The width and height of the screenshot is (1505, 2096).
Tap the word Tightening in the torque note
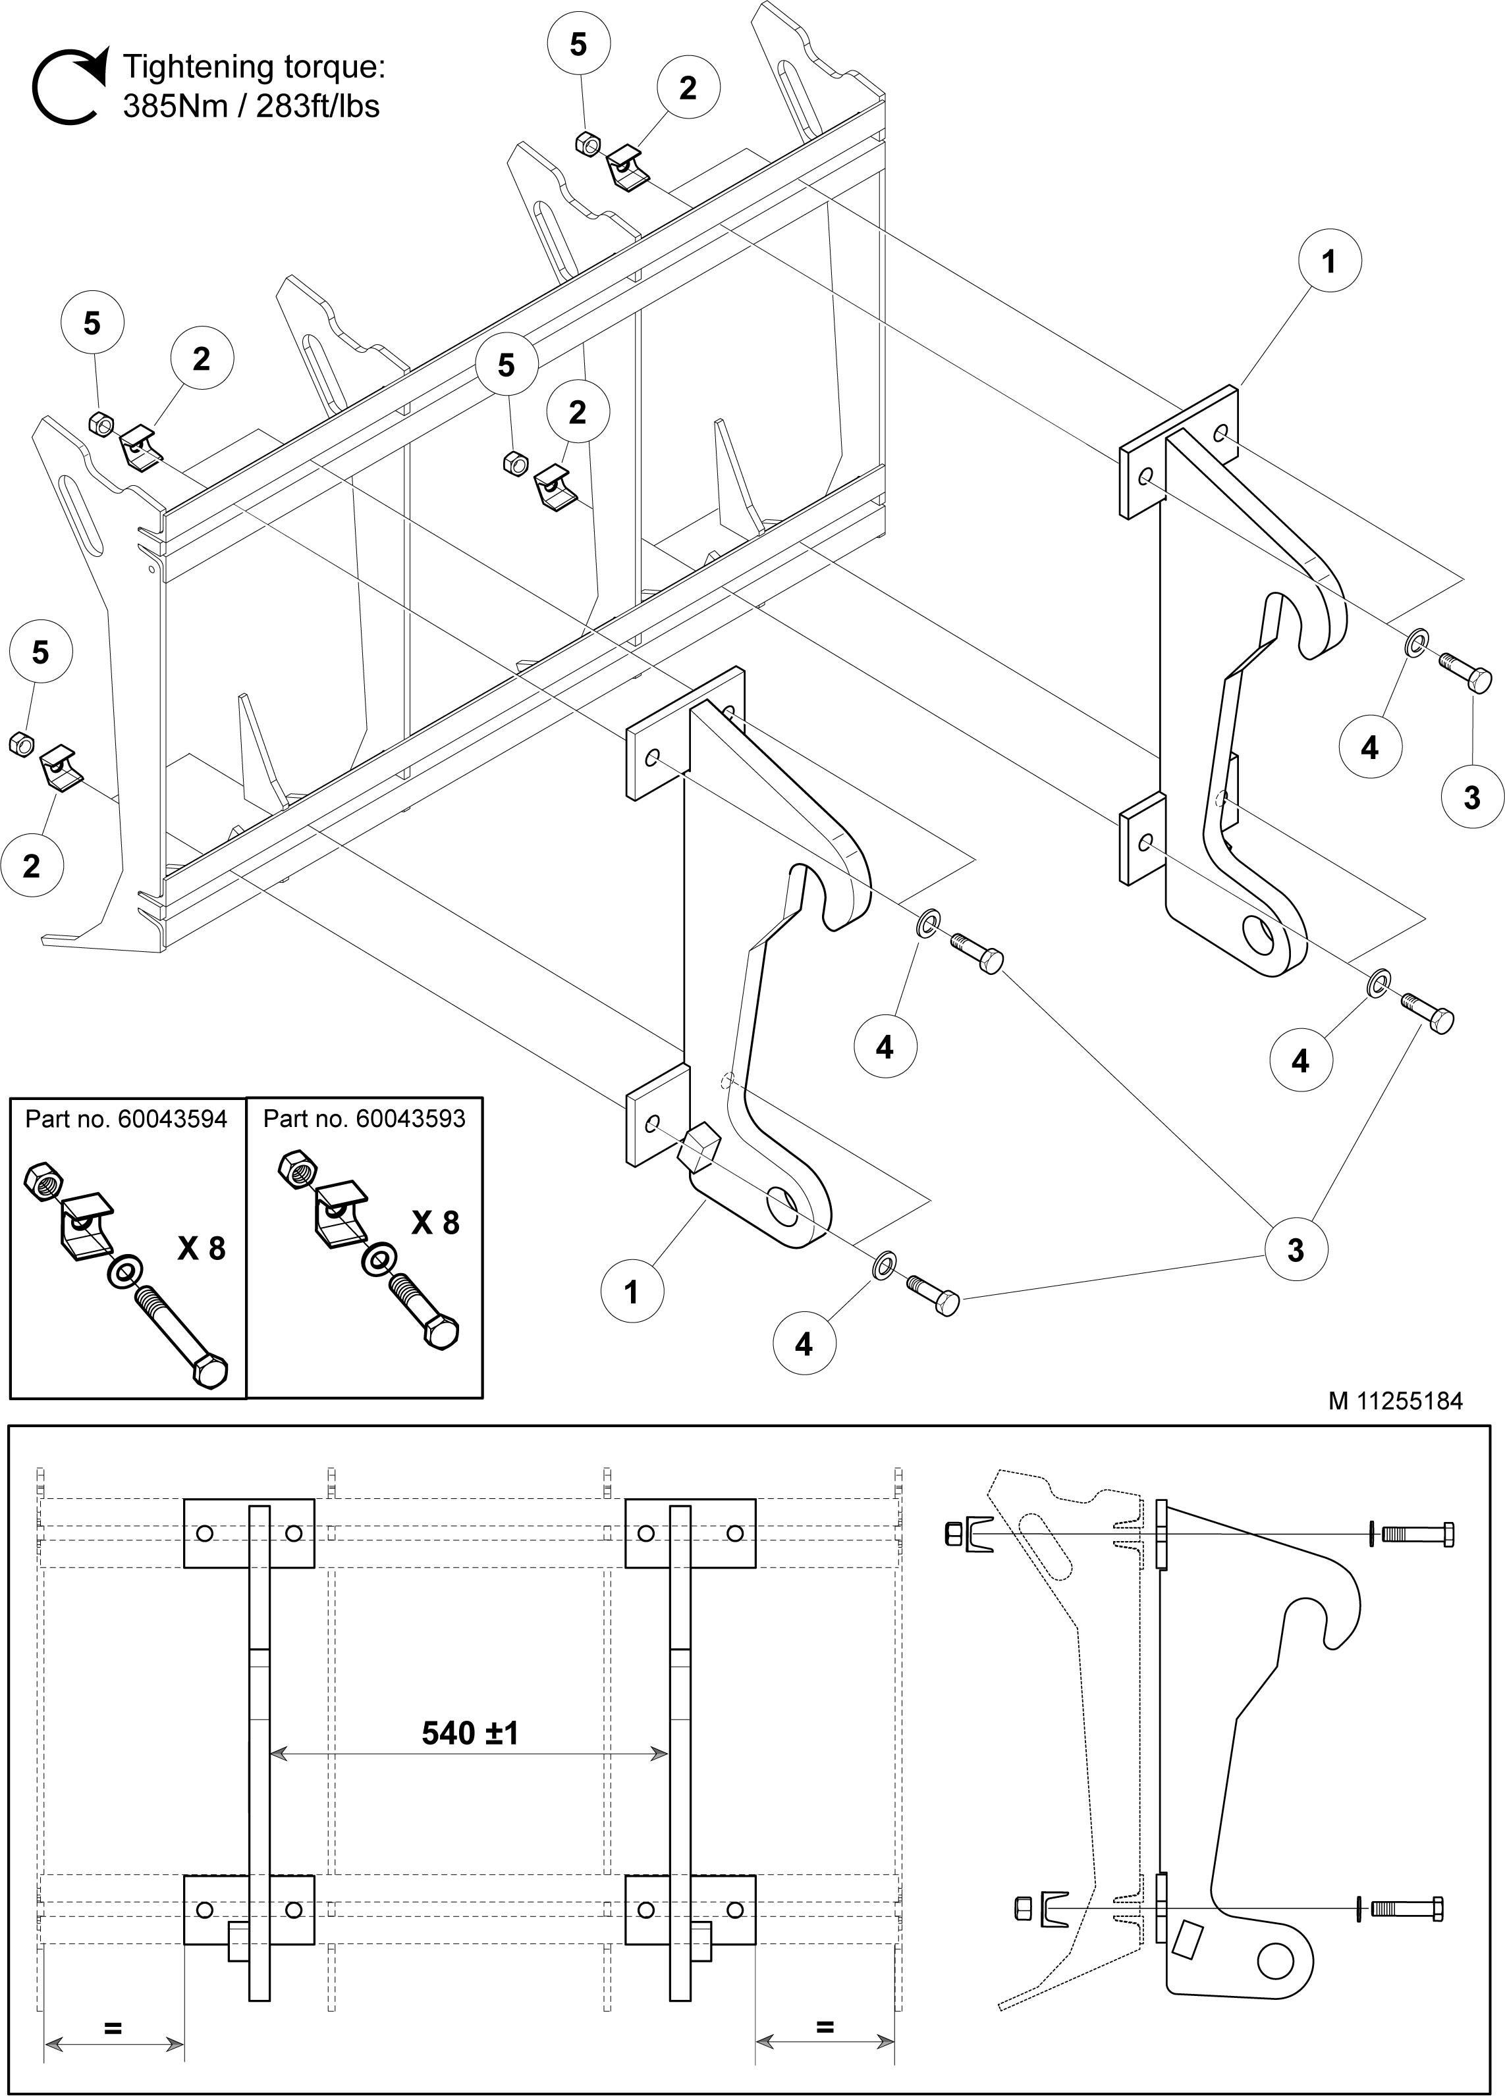click(195, 67)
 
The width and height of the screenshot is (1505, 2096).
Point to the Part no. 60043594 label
click(126, 1119)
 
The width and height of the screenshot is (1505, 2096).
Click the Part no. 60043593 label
click(364, 1119)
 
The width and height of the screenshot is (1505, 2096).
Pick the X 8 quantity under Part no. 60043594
click(202, 1249)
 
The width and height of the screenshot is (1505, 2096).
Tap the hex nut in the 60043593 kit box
click(295, 1169)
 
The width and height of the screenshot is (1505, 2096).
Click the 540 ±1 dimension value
click(470, 1733)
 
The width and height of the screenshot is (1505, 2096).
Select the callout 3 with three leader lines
click(1295, 1249)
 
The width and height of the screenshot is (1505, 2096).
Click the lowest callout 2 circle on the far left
click(32, 866)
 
